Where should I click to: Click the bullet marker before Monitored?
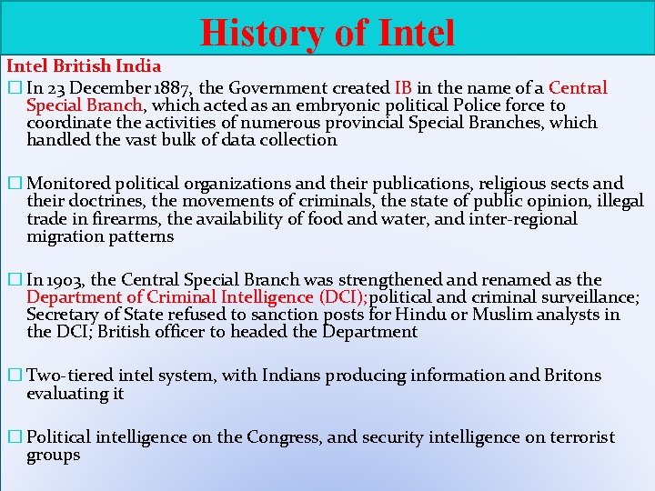point(13,184)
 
